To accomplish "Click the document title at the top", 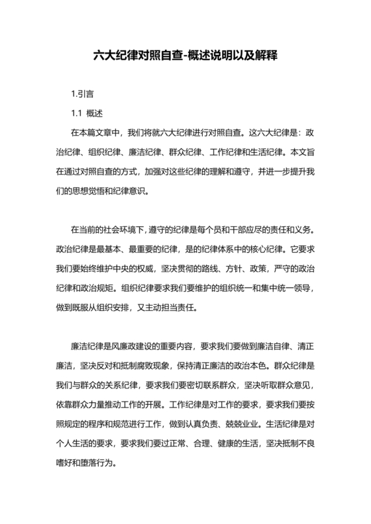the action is coord(185,58).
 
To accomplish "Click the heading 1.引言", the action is coord(82,94).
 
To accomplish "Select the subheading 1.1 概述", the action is coord(86,113).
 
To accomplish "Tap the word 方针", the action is coord(252,269).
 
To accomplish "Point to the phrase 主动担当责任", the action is coord(186,307).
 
